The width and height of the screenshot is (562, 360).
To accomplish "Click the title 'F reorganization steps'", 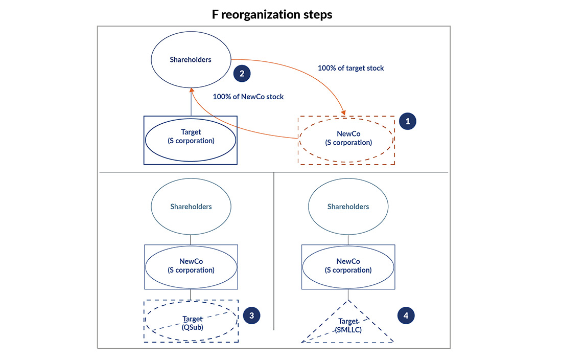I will tap(272, 14).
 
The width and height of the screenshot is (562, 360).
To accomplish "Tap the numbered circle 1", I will tap(408, 122).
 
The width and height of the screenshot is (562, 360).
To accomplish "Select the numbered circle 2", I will tap(242, 73).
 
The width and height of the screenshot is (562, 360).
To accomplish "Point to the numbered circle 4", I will tap(406, 316).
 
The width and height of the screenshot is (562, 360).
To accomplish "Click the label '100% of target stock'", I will tap(350, 68).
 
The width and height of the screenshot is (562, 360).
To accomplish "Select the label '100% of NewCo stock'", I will tap(248, 97).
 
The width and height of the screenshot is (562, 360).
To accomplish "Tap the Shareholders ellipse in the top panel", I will tap(191, 60).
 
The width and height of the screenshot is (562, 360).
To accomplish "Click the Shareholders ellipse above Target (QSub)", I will tap(191, 207).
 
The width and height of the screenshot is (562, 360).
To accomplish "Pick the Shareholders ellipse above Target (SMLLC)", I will tap(348, 207).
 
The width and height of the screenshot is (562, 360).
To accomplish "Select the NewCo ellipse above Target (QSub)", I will tap(191, 265).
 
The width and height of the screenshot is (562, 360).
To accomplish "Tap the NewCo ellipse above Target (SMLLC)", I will tap(348, 265).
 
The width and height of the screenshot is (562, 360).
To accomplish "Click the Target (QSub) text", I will tap(193, 324).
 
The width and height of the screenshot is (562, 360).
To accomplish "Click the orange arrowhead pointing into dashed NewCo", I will tap(345, 113).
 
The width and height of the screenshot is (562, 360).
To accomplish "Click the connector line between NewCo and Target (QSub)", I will tap(191, 294).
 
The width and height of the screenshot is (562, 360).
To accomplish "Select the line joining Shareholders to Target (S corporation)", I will tap(191, 102).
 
